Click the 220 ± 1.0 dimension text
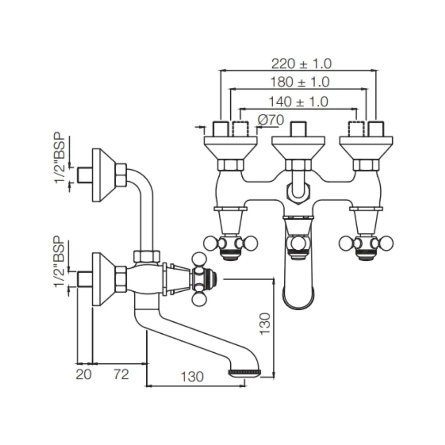[x=301, y=64]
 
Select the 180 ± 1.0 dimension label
[x=300, y=82]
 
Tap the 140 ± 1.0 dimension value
[x=298, y=102]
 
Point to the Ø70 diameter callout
[x=271, y=120]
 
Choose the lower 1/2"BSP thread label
[x=60, y=262]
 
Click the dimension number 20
[x=83, y=374]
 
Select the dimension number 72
[x=122, y=374]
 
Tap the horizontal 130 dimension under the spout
[x=192, y=377]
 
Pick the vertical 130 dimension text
[x=265, y=324]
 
